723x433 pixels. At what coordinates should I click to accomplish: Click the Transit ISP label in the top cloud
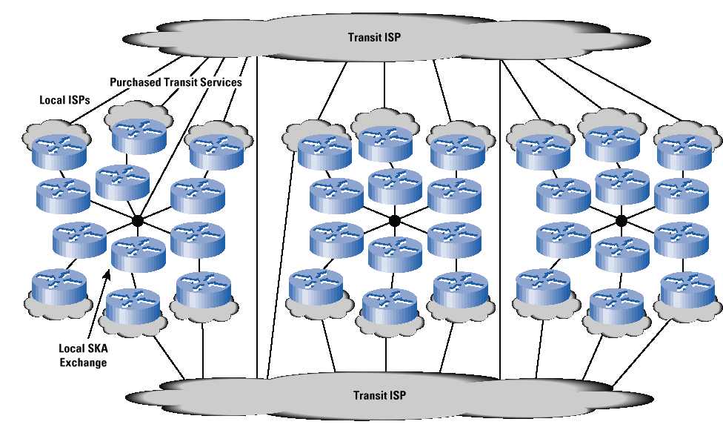[375, 36]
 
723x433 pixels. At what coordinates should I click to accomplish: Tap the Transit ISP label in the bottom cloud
[379, 395]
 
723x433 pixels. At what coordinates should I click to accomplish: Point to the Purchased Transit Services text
[176, 82]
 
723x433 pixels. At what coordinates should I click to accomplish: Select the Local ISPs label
[61, 99]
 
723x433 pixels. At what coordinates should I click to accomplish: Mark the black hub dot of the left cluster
[137, 220]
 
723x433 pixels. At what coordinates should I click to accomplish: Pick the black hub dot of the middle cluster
[395, 220]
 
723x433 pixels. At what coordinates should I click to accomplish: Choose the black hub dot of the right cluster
[622, 220]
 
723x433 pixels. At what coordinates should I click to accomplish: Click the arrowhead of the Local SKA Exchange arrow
[109, 275]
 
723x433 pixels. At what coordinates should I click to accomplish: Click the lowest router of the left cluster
[133, 308]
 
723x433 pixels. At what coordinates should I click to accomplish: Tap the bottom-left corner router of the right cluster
[544, 289]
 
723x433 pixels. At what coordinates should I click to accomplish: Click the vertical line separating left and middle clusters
[257, 222]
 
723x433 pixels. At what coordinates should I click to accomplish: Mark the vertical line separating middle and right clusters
[500, 222]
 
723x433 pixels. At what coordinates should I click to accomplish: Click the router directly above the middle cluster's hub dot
[395, 185]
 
